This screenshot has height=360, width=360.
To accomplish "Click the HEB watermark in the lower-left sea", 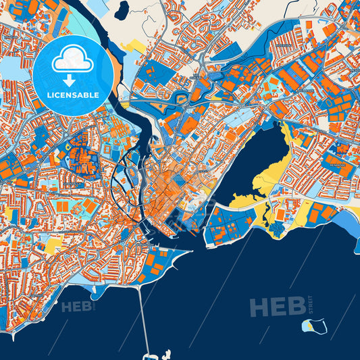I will tap(78, 307).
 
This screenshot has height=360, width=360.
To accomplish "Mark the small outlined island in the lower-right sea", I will tap(315, 326).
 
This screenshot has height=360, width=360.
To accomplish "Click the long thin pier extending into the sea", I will tap(143, 317).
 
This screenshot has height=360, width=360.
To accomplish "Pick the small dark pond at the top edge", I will tap(122, 9).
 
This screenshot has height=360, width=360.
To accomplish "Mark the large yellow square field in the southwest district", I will tap(52, 245).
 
